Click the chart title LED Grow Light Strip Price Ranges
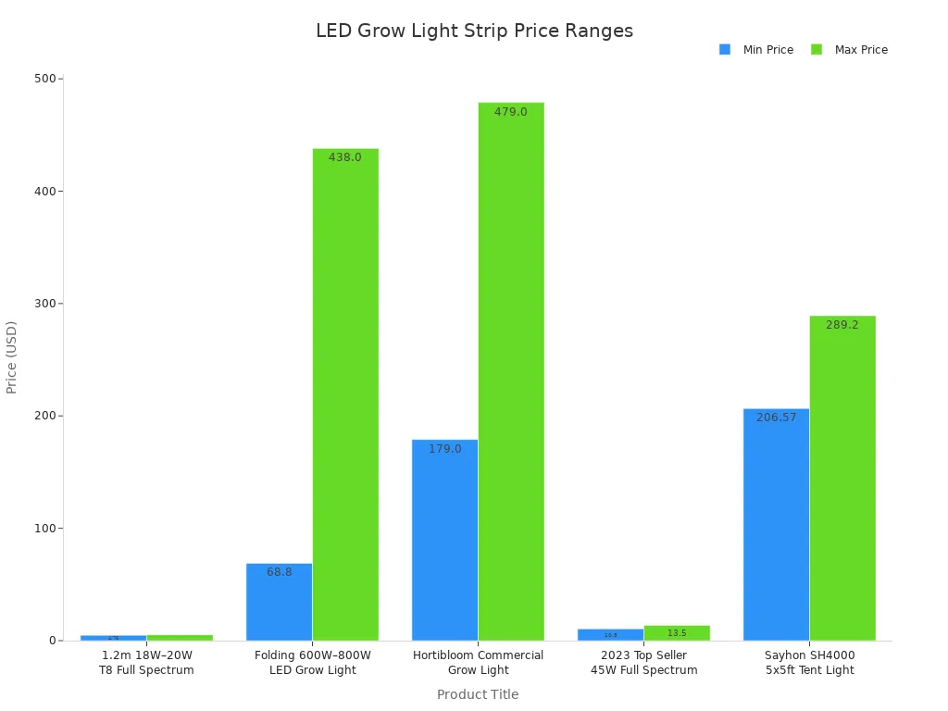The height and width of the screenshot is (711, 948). [x=474, y=31]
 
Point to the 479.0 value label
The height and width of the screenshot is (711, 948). [x=511, y=112]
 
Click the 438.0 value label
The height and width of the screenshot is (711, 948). [x=345, y=157]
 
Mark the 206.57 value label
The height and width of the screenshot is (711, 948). [x=776, y=418]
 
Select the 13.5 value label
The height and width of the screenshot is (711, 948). [x=677, y=633]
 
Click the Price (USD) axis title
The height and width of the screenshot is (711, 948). [x=12, y=357]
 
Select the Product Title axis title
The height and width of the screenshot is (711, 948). [x=478, y=694]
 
